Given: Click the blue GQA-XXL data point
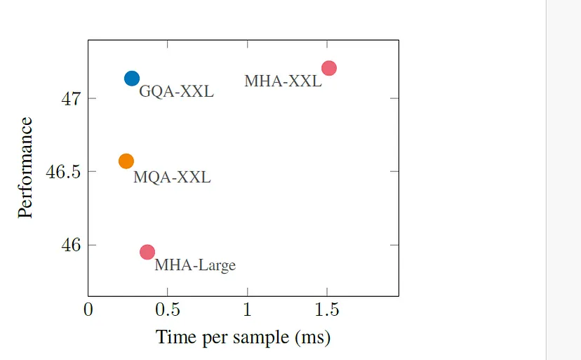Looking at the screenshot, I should tap(132, 79).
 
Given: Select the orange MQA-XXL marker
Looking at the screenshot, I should tap(126, 161).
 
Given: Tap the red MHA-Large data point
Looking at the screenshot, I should tap(147, 252).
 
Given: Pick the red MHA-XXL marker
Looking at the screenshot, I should tap(328, 68).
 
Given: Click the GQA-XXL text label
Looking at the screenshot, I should tap(176, 92).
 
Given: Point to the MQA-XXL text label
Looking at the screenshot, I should tap(172, 177).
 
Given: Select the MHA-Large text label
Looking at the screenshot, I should tap(195, 265).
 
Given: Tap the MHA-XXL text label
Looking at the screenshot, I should tap(283, 81).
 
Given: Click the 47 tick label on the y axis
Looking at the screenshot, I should tap(70, 98).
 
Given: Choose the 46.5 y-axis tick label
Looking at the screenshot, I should tap(62, 172).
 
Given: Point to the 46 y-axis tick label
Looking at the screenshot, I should tap(70, 245).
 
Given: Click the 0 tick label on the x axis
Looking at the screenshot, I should tap(88, 309).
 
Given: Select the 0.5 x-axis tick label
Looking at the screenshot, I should tap(168, 309).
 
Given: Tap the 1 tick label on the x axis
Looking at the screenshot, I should tap(248, 309).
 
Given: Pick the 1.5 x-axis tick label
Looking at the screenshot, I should tap(327, 309).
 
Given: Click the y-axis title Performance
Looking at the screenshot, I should tap(25, 168).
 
